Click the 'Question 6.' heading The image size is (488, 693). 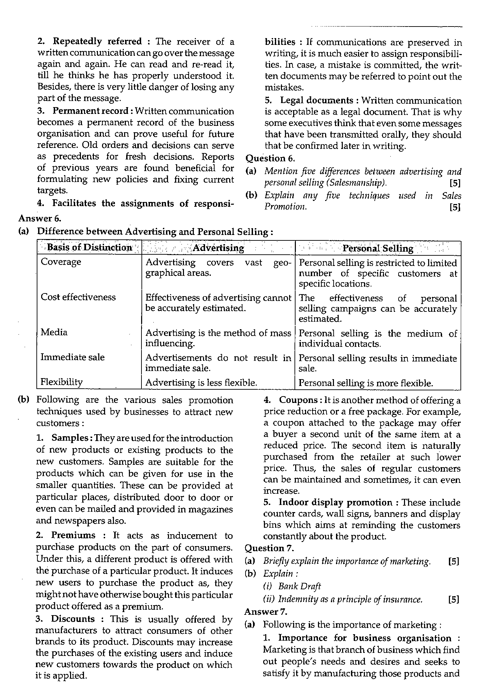pyautogui.click(x=270, y=158)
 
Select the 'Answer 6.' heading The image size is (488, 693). pyautogui.click(x=40, y=218)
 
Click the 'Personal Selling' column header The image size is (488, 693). pyautogui.click(x=377, y=248)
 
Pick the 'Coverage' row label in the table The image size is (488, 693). pyautogui.click(x=61, y=262)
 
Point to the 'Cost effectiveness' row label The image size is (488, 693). pyautogui.click(x=78, y=297)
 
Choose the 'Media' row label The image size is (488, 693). pyautogui.click(x=54, y=332)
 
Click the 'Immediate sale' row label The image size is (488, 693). pyautogui.click(x=72, y=357)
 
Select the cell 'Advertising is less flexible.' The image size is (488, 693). pyautogui.click(x=201, y=383)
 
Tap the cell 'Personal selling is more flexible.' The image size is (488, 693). pyautogui.click(x=366, y=383)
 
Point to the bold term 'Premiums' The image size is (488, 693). pyautogui.click(x=73, y=536)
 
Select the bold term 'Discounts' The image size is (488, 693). pyautogui.click(x=73, y=619)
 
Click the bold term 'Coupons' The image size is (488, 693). pyautogui.click(x=298, y=400)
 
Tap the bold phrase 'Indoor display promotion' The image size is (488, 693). pyautogui.click(x=335, y=503)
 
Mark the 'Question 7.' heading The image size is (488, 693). pyautogui.click(x=269, y=548)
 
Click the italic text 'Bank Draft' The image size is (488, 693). pyautogui.click(x=299, y=587)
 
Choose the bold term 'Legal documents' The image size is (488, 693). pyautogui.click(x=317, y=100)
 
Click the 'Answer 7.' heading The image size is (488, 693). pyautogui.click(x=266, y=612)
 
